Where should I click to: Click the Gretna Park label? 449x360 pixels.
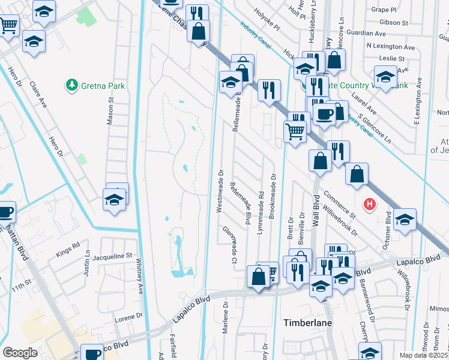coord(104,86)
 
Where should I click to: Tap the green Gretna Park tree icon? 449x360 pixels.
coord(71,85)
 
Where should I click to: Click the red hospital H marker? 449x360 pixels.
coord(370,204)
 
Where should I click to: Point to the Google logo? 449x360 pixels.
coord(20,353)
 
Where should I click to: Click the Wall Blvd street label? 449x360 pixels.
coord(316,210)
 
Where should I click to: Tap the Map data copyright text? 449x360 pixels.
coord(424,355)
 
